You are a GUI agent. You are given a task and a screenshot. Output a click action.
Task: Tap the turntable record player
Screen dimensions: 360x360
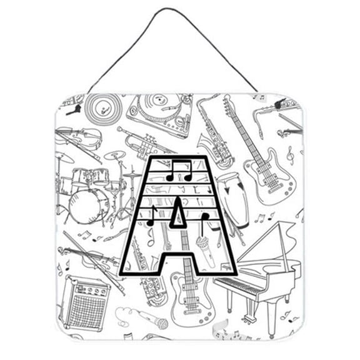pos(160,114)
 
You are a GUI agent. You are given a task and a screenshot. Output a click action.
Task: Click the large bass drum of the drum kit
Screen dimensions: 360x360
pos(89,206)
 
